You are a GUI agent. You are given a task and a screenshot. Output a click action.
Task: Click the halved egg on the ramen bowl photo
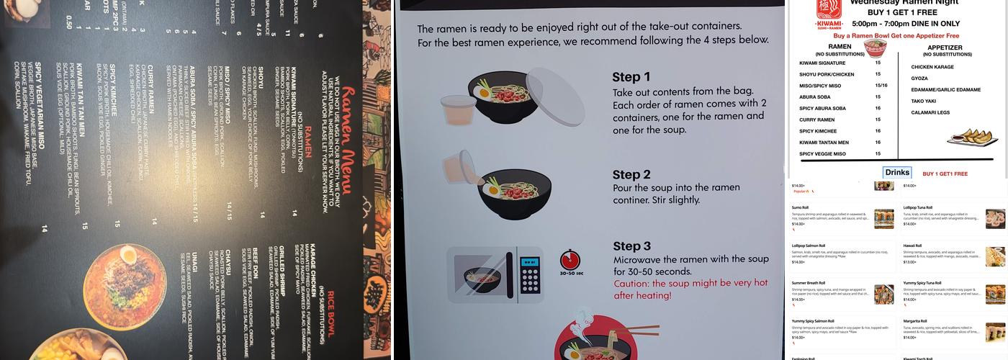click(x=129, y=256)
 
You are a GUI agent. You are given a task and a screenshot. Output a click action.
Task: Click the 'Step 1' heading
click(x=631, y=77)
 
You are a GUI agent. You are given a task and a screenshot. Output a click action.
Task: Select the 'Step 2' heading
click(x=631, y=175)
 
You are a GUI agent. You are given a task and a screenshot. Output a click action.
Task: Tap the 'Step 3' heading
click(x=631, y=245)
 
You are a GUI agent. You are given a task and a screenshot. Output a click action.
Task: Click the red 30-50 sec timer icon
click(x=570, y=261)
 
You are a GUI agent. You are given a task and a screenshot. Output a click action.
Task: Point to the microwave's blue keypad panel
click(x=530, y=274)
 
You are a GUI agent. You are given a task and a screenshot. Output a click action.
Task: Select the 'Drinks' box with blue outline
click(x=897, y=173)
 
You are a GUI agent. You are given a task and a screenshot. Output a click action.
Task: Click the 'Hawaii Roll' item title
click(x=915, y=246)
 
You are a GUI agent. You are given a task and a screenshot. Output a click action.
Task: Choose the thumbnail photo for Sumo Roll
click(x=883, y=219)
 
